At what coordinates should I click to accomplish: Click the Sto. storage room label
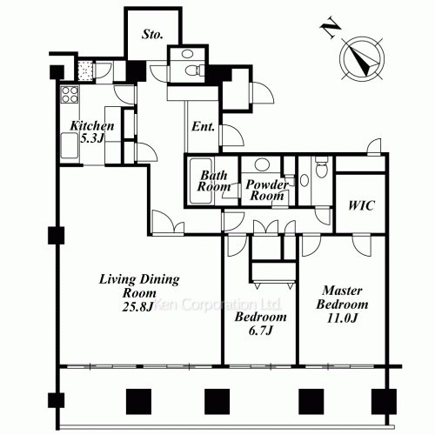coord(152,34)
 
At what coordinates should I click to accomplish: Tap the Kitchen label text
coord(92,125)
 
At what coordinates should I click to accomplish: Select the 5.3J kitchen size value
coord(91,138)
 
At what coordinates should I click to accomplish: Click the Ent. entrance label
coord(203,126)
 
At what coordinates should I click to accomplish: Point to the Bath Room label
coord(214,181)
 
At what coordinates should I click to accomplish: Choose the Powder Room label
coord(267,190)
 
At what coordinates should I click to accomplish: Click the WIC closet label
coord(361,205)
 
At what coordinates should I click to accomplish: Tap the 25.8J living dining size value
coord(137,307)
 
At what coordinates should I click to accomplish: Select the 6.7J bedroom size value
coord(261,330)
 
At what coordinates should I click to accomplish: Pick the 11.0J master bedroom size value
coord(342,318)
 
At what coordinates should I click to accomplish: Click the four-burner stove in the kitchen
coord(70,95)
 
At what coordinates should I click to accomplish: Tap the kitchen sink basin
coord(70,145)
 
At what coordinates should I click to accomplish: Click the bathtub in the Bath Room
coord(200,181)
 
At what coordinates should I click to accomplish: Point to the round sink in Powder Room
coord(262,164)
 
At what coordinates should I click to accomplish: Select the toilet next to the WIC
coord(321,167)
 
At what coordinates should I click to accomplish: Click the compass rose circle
coord(362,59)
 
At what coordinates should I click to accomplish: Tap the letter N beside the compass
coord(331,29)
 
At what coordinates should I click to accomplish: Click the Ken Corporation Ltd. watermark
coord(217,304)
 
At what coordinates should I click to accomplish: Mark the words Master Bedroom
coord(342,298)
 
